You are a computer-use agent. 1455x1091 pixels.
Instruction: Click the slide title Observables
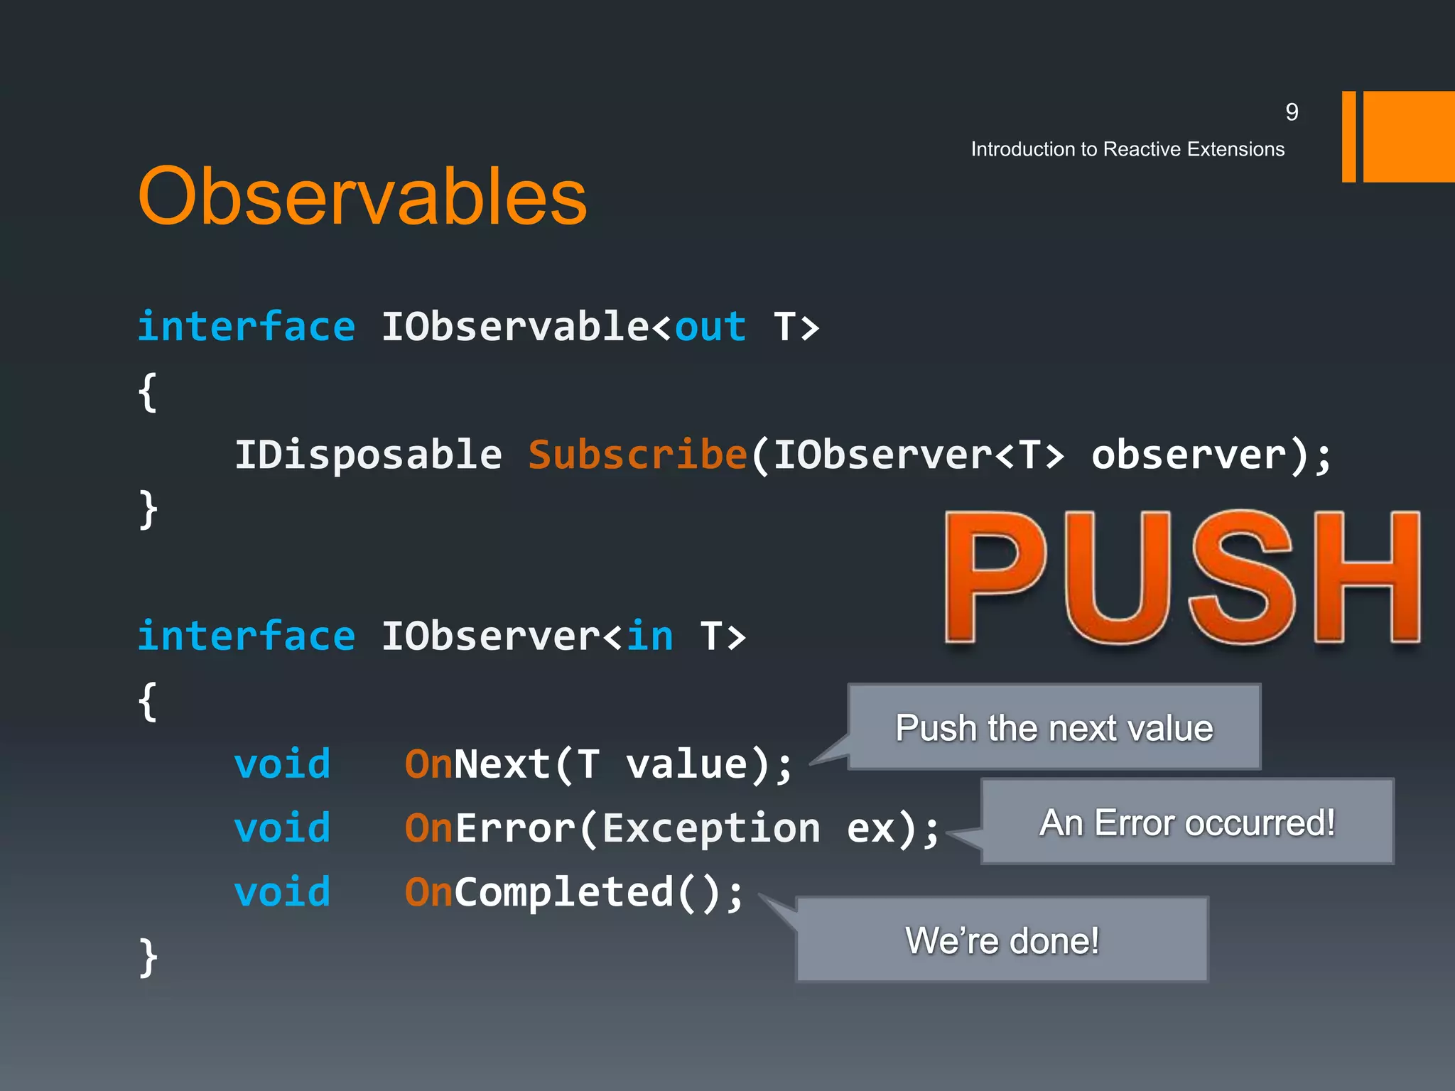pyautogui.click(x=362, y=196)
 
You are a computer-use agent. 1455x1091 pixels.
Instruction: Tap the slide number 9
pyautogui.click(x=1292, y=112)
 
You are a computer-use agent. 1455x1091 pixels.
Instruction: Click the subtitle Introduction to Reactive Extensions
pyautogui.click(x=1127, y=149)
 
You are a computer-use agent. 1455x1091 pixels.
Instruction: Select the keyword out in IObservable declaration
pyautogui.click(x=710, y=327)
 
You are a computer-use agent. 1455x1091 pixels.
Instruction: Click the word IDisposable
pyautogui.click(x=368, y=455)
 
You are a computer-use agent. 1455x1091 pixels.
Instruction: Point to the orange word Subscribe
pyautogui.click(x=637, y=455)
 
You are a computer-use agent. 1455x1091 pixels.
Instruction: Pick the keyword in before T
pyautogui.click(x=649, y=636)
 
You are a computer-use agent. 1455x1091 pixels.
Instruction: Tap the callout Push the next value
pyautogui.click(x=1054, y=727)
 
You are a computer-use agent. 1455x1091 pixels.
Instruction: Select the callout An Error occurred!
pyautogui.click(x=1187, y=823)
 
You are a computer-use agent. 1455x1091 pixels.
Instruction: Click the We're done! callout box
pyautogui.click(x=1002, y=940)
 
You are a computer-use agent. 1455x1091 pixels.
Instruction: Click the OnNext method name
pyautogui.click(x=477, y=764)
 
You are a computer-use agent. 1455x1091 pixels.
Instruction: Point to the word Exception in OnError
pyautogui.click(x=710, y=828)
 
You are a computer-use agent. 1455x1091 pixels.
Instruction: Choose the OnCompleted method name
pyautogui.click(x=539, y=892)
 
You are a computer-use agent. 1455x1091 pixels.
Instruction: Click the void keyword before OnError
pyautogui.click(x=282, y=828)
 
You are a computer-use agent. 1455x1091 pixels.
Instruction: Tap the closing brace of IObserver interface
pyautogui.click(x=148, y=957)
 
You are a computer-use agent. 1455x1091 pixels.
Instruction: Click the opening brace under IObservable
pyautogui.click(x=148, y=392)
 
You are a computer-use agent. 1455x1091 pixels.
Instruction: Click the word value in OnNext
pyautogui.click(x=686, y=764)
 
